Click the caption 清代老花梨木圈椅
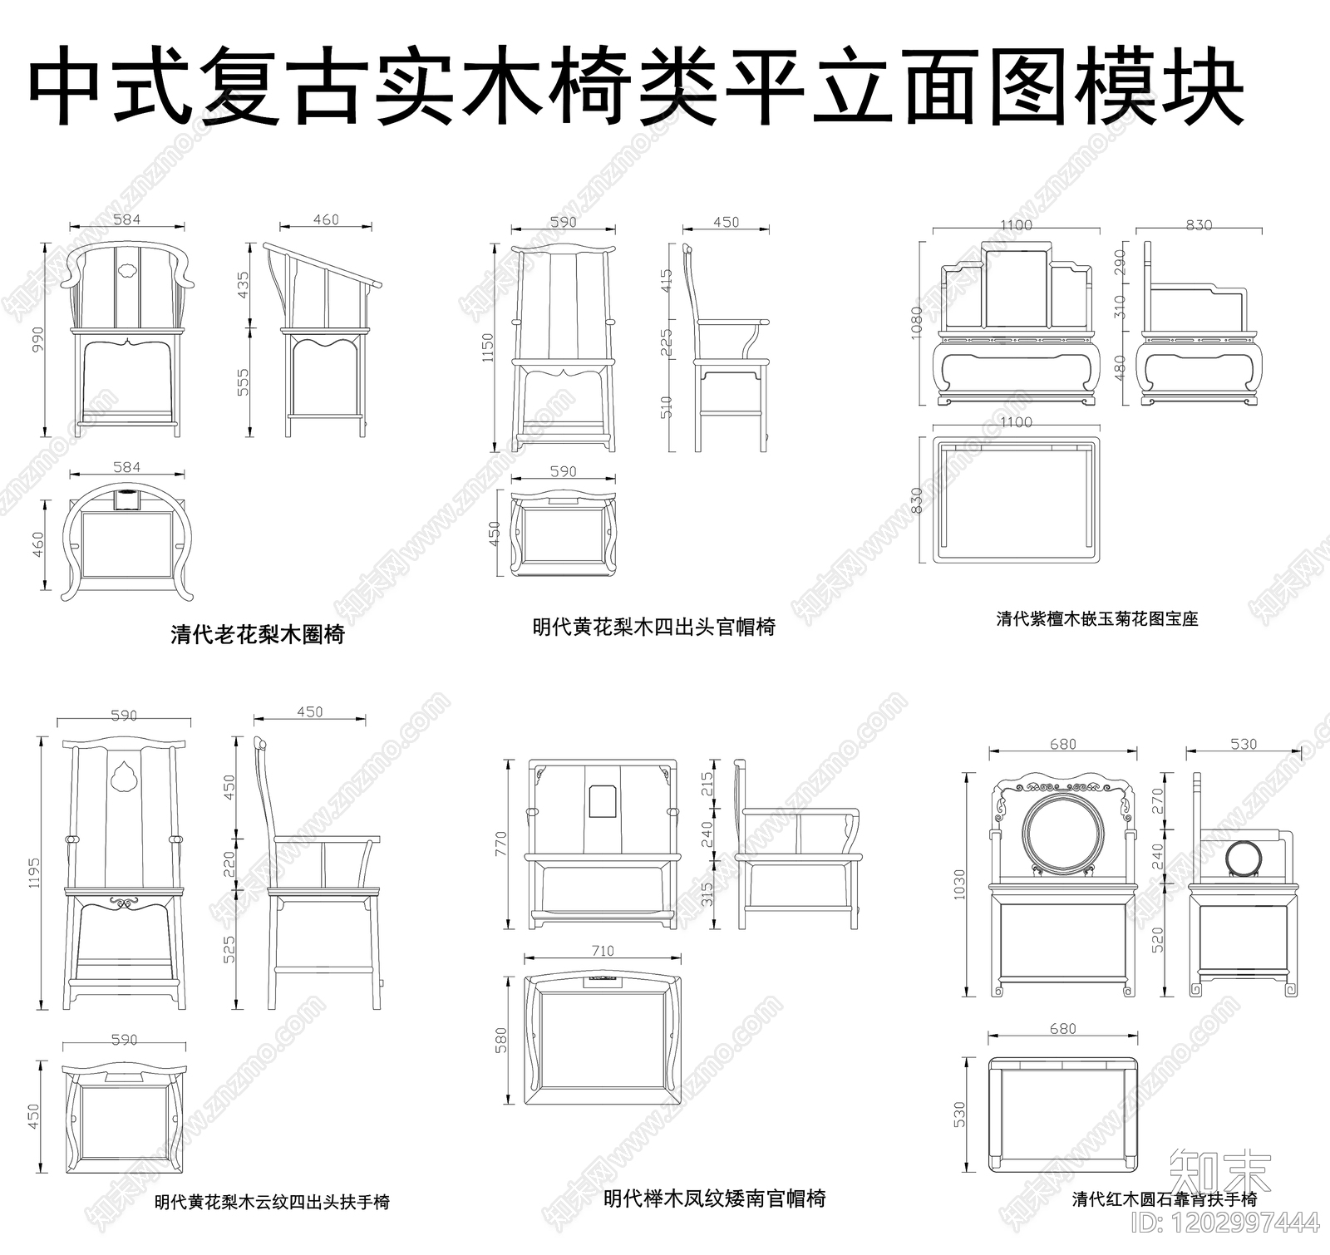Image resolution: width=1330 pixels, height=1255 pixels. pyautogui.click(x=257, y=635)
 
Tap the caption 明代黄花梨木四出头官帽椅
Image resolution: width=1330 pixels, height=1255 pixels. pyautogui.click(x=653, y=627)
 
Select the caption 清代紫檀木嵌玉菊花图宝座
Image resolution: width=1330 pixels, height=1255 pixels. pyautogui.click(x=1097, y=618)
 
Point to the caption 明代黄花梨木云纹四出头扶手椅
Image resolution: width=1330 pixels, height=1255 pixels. pyautogui.click(x=272, y=1202)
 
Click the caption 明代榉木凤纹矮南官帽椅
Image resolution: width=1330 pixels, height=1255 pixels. pyautogui.click(x=714, y=1198)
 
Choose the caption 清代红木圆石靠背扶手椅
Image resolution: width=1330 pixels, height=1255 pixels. pyautogui.click(x=1164, y=1198)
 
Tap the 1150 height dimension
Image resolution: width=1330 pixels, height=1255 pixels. pyautogui.click(x=488, y=347)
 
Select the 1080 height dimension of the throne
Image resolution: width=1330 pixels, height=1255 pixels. pyautogui.click(x=915, y=322)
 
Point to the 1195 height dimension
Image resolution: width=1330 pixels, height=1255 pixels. pyautogui.click(x=33, y=873)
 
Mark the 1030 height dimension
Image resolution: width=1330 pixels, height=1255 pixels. pyautogui.click(x=959, y=884)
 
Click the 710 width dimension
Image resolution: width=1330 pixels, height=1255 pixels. pyautogui.click(x=603, y=951)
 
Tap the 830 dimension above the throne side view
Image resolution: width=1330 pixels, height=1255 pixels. pyautogui.click(x=1199, y=224)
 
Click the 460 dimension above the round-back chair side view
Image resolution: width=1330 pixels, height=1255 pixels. pyautogui.click(x=326, y=219)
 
